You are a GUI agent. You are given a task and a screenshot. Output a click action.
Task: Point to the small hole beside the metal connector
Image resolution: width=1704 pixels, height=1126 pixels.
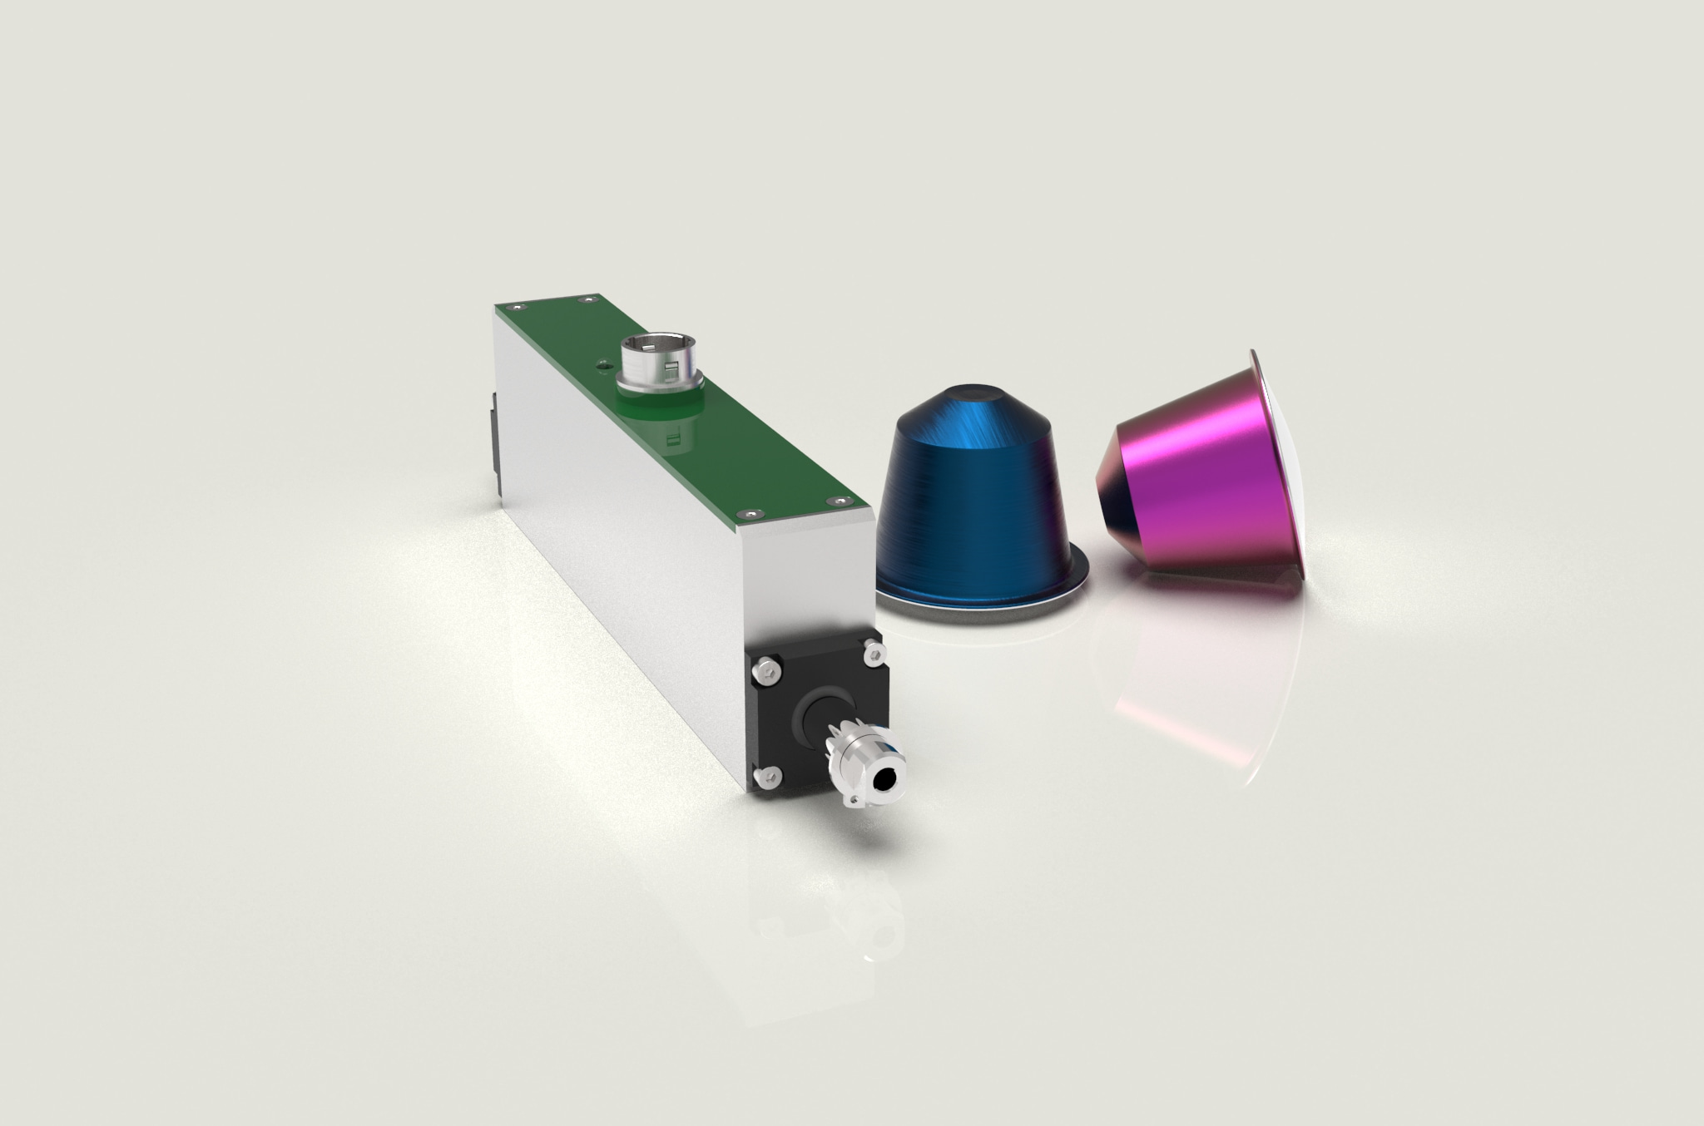(600, 363)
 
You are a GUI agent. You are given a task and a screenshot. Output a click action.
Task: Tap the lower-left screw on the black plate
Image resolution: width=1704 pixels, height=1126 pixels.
(767, 778)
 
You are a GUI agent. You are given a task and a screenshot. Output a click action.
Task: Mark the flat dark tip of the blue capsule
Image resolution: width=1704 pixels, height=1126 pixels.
(974, 393)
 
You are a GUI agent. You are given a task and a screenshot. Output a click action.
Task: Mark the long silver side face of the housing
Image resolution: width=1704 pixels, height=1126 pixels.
(616, 532)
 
